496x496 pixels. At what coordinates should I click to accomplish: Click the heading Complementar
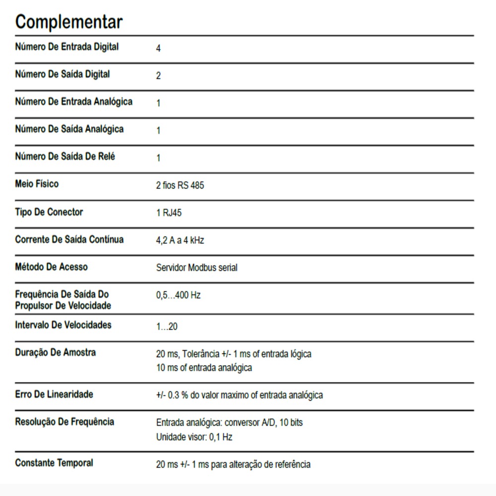click(x=68, y=22)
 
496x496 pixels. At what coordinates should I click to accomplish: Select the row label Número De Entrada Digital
click(x=67, y=47)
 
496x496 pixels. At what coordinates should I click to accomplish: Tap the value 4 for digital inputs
click(x=158, y=49)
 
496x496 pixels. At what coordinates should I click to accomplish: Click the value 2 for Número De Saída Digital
click(x=158, y=76)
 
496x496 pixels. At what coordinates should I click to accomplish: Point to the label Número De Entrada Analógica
click(x=74, y=102)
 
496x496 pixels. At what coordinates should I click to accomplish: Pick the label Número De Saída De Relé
click(x=65, y=157)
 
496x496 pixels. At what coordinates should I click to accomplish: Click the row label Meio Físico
click(x=37, y=184)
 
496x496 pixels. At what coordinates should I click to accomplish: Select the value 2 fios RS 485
click(x=180, y=186)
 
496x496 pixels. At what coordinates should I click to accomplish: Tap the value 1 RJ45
click(x=169, y=213)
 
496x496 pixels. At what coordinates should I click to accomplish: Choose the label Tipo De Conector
click(x=49, y=212)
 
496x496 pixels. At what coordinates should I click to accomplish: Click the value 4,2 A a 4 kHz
click(x=180, y=241)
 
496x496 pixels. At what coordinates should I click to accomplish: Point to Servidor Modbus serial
click(x=196, y=268)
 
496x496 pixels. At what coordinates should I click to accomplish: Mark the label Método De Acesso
click(x=51, y=267)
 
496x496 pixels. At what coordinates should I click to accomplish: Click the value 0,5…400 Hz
click(x=178, y=296)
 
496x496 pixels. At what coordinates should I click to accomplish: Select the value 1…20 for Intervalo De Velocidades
click(x=167, y=327)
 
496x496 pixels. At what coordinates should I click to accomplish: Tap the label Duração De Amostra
click(x=56, y=353)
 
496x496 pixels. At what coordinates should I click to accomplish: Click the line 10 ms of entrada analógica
click(x=204, y=368)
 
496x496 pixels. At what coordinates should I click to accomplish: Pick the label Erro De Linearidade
click(x=54, y=394)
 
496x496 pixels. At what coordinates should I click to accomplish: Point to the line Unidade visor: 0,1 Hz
click(x=194, y=437)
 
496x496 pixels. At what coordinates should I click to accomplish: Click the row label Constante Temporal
click(x=54, y=463)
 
